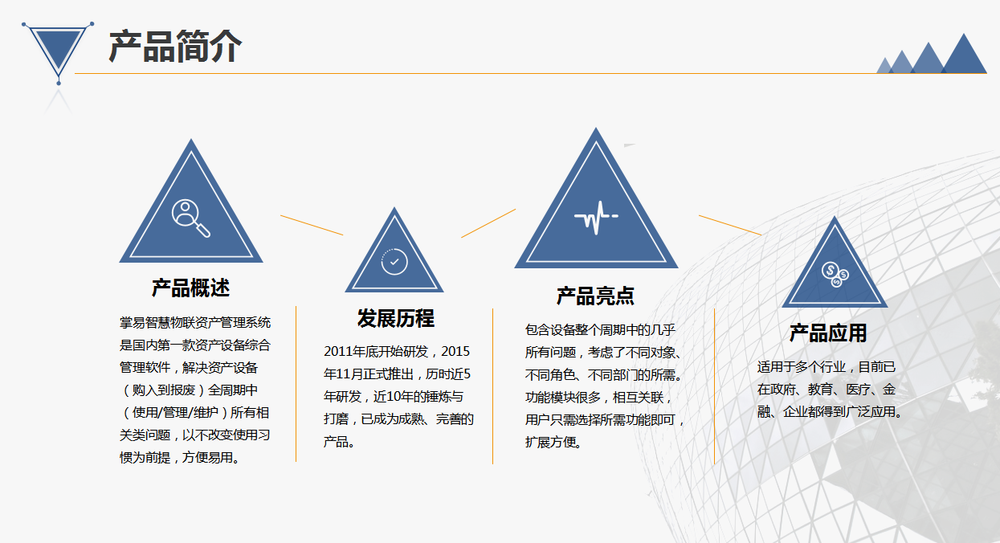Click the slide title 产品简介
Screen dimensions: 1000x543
[175, 47]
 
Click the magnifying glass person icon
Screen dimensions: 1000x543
[190, 218]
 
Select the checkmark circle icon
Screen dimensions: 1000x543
[394, 262]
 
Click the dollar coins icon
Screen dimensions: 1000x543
[835, 274]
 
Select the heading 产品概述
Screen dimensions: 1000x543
[190, 288]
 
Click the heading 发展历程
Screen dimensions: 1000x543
[395, 318]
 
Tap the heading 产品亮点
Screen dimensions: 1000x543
[595, 296]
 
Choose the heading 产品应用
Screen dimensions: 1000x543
[828, 333]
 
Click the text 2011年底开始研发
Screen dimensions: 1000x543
[376, 352]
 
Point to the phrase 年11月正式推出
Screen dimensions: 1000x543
[373, 374]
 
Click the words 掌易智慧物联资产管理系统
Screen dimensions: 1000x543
[195, 322]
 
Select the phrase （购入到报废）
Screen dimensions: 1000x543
[163, 390]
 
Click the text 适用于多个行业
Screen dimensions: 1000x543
[802, 366]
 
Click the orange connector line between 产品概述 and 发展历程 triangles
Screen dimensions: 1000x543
[312, 225]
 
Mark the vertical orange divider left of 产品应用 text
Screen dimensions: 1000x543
[714, 386]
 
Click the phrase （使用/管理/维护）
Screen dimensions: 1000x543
[174, 412]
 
